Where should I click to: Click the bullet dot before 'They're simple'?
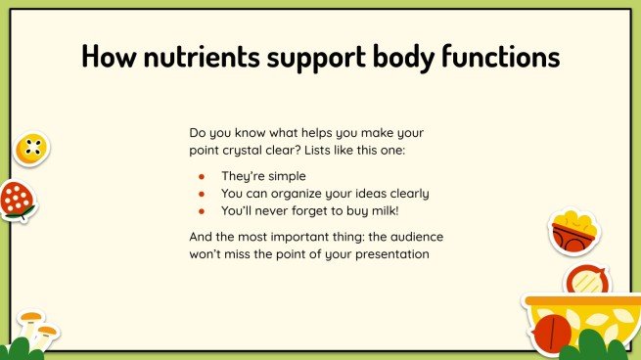pos(201,177)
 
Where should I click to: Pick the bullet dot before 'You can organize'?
pos(201,194)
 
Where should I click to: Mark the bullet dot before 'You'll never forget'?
pos(201,210)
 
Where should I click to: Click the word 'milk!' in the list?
pos(388,210)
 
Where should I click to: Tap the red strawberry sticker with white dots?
pos(16,201)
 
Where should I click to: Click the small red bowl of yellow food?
pos(573,231)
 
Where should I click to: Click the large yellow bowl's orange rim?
pos(577,301)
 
